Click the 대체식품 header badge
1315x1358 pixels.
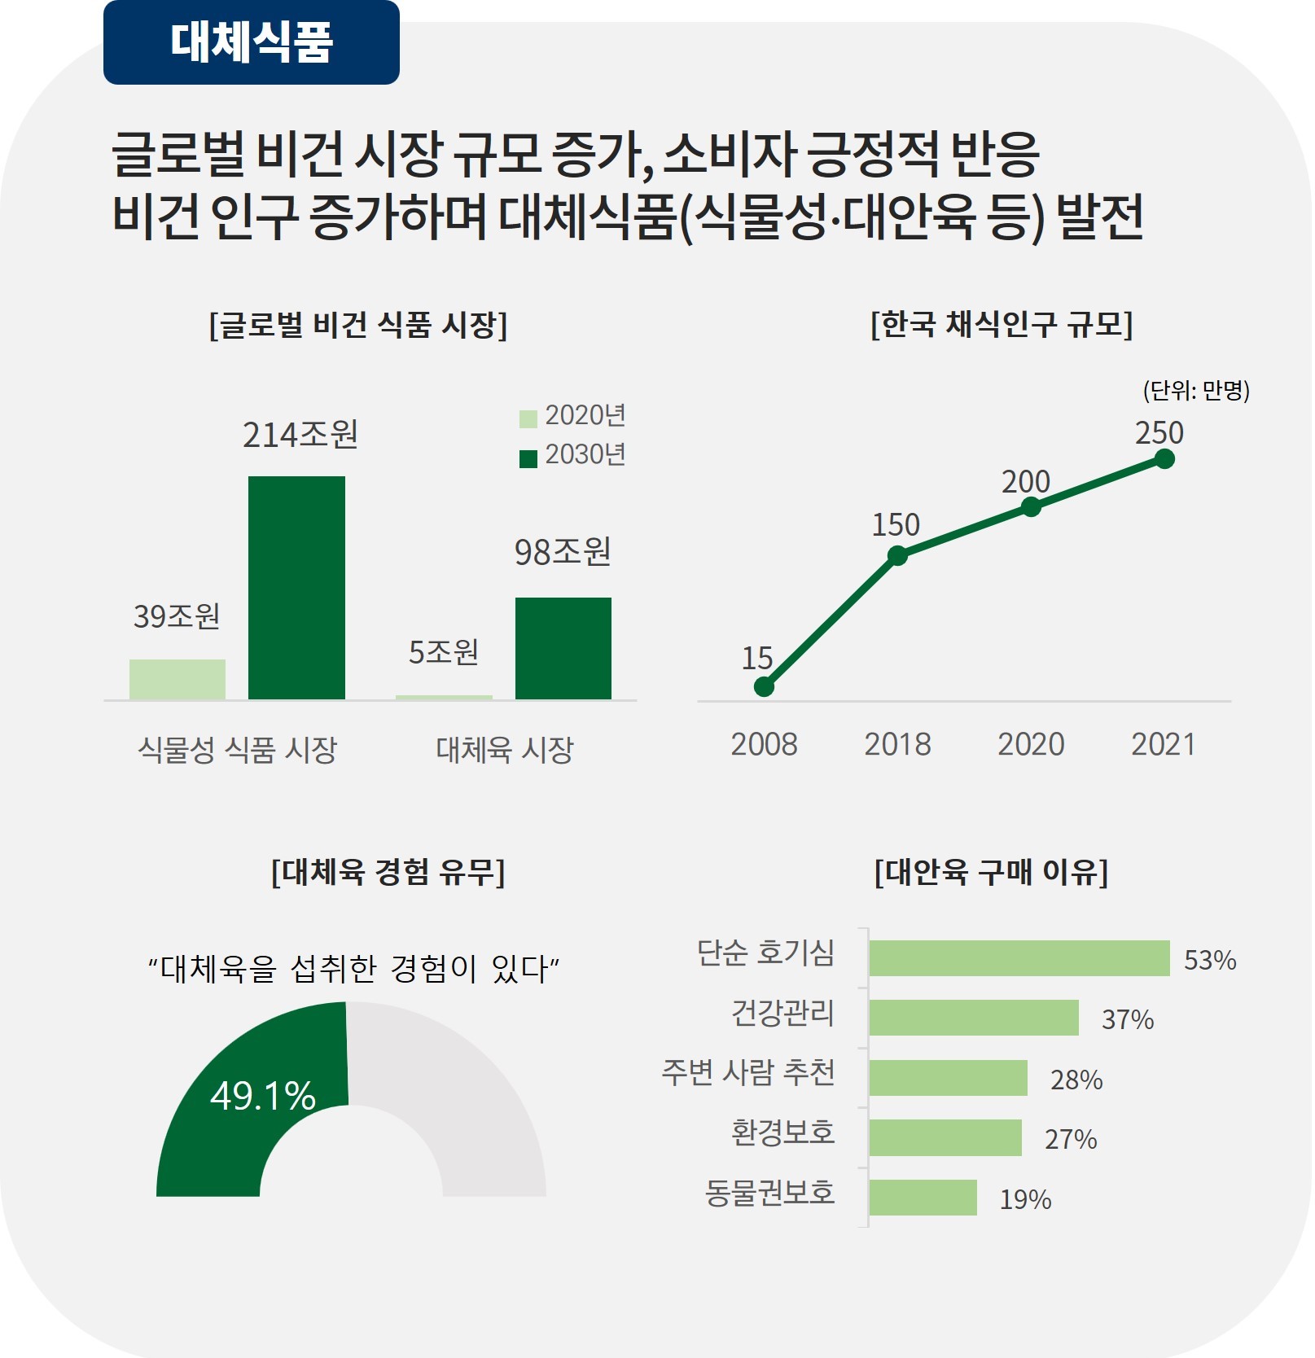coord(251,42)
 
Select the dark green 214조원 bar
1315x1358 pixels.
coord(296,587)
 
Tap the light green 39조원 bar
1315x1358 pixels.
coord(178,679)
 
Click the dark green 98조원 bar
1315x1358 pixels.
coord(563,648)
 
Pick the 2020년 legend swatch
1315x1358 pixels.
coord(528,418)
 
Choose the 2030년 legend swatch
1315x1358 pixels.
coord(528,458)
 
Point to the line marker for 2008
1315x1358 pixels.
coord(764,687)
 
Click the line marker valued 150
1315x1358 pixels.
coord(897,556)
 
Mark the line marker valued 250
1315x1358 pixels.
coord(1164,459)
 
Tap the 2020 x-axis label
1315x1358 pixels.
coord(1031,744)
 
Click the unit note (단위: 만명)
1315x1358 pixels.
coord(1195,391)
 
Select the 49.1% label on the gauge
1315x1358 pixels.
coord(263,1096)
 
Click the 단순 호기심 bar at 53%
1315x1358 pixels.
coord(1019,958)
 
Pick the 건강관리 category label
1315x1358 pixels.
coord(782,1013)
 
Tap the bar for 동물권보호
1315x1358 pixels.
coord(923,1198)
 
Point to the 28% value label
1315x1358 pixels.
coord(1076,1080)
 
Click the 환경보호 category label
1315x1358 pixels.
coord(782,1132)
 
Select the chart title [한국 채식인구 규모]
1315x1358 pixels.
coord(1002,324)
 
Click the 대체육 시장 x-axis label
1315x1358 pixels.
coord(505,749)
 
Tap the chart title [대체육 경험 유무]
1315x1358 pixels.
coord(388,872)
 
